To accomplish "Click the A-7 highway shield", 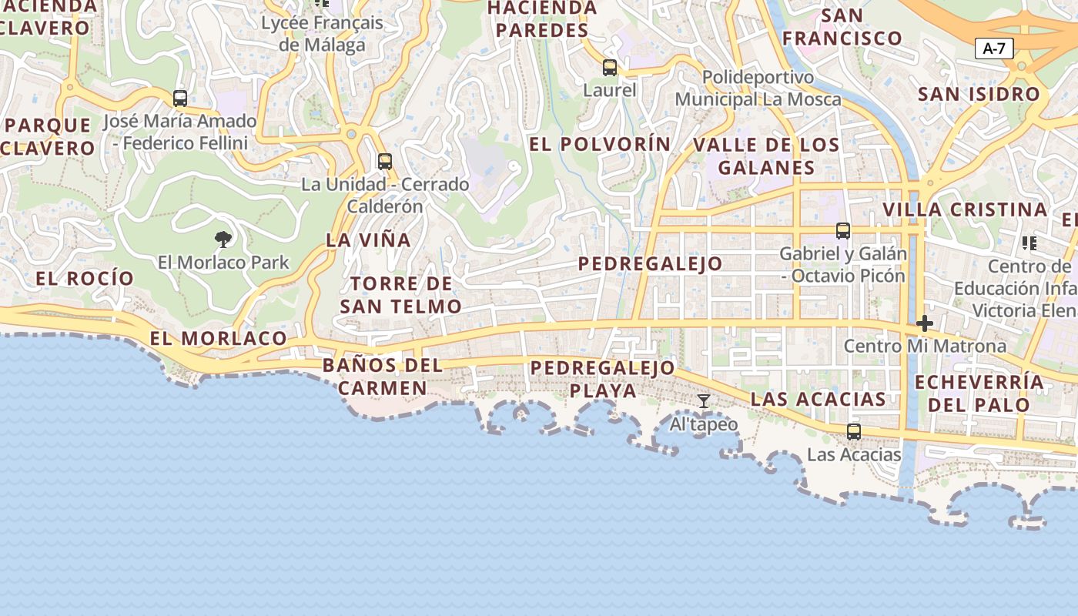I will (994, 49).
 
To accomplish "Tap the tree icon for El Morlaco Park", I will (223, 239).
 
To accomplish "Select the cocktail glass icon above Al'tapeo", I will (704, 401).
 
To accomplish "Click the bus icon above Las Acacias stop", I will (854, 432).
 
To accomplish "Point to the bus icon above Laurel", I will (610, 68).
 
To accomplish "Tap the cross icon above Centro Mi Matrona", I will (925, 323).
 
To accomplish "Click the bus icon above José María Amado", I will (180, 99).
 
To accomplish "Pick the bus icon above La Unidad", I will (385, 162).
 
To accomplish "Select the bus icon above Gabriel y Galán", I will (843, 230).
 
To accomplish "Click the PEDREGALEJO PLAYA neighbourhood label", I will (604, 379).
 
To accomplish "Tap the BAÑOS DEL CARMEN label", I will (383, 376).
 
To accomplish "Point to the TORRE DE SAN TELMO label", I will (400, 295).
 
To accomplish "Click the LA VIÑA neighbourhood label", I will (368, 239).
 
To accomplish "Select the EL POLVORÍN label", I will (600, 144).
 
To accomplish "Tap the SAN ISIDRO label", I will (979, 94).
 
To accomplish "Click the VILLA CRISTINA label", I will (965, 209).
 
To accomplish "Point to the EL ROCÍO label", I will (85, 278).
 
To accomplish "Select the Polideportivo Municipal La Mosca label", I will (758, 89).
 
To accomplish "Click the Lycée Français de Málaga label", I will (322, 33).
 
